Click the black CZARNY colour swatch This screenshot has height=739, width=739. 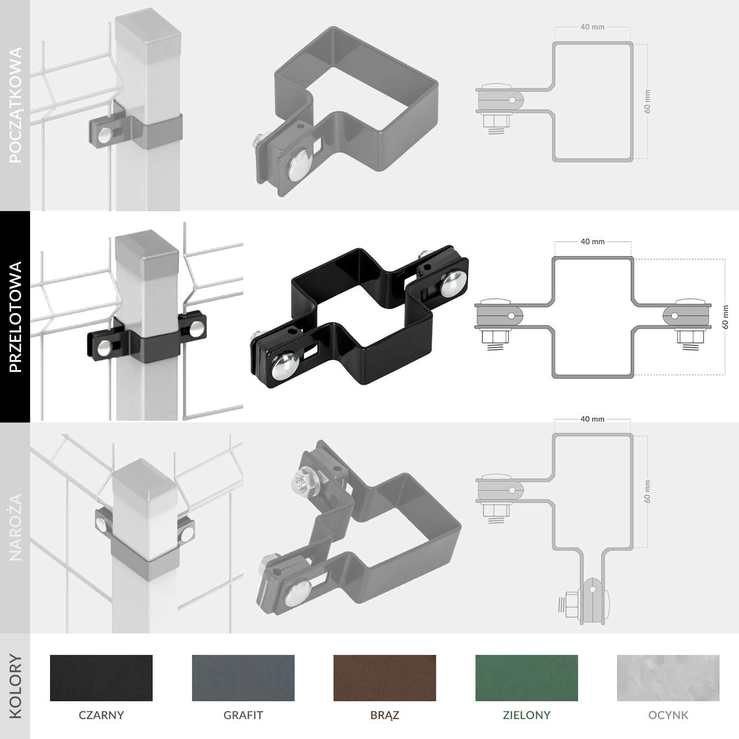click(101, 678)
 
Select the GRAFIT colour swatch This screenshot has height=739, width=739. click(243, 678)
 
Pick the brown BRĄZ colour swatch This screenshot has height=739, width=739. click(385, 678)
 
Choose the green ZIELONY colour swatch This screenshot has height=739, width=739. click(527, 678)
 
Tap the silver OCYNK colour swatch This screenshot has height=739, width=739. click(668, 678)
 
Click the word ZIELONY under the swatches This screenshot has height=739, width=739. click(527, 715)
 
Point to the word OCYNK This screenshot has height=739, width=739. click(668, 715)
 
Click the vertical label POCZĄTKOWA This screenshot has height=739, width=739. click(15, 105)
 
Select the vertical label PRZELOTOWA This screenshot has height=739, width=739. click(15, 317)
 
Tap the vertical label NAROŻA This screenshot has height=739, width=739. click(15, 527)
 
